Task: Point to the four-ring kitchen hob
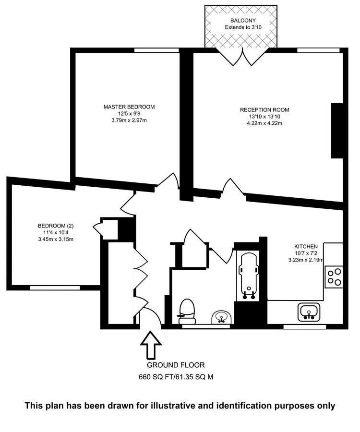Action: (334, 276)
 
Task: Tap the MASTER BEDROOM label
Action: (129, 107)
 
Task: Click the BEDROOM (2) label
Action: (56, 226)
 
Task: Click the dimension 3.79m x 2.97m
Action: (129, 120)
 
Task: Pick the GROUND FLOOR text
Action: (176, 365)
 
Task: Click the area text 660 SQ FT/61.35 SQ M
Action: (176, 377)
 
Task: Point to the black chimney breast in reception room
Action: (337, 131)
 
